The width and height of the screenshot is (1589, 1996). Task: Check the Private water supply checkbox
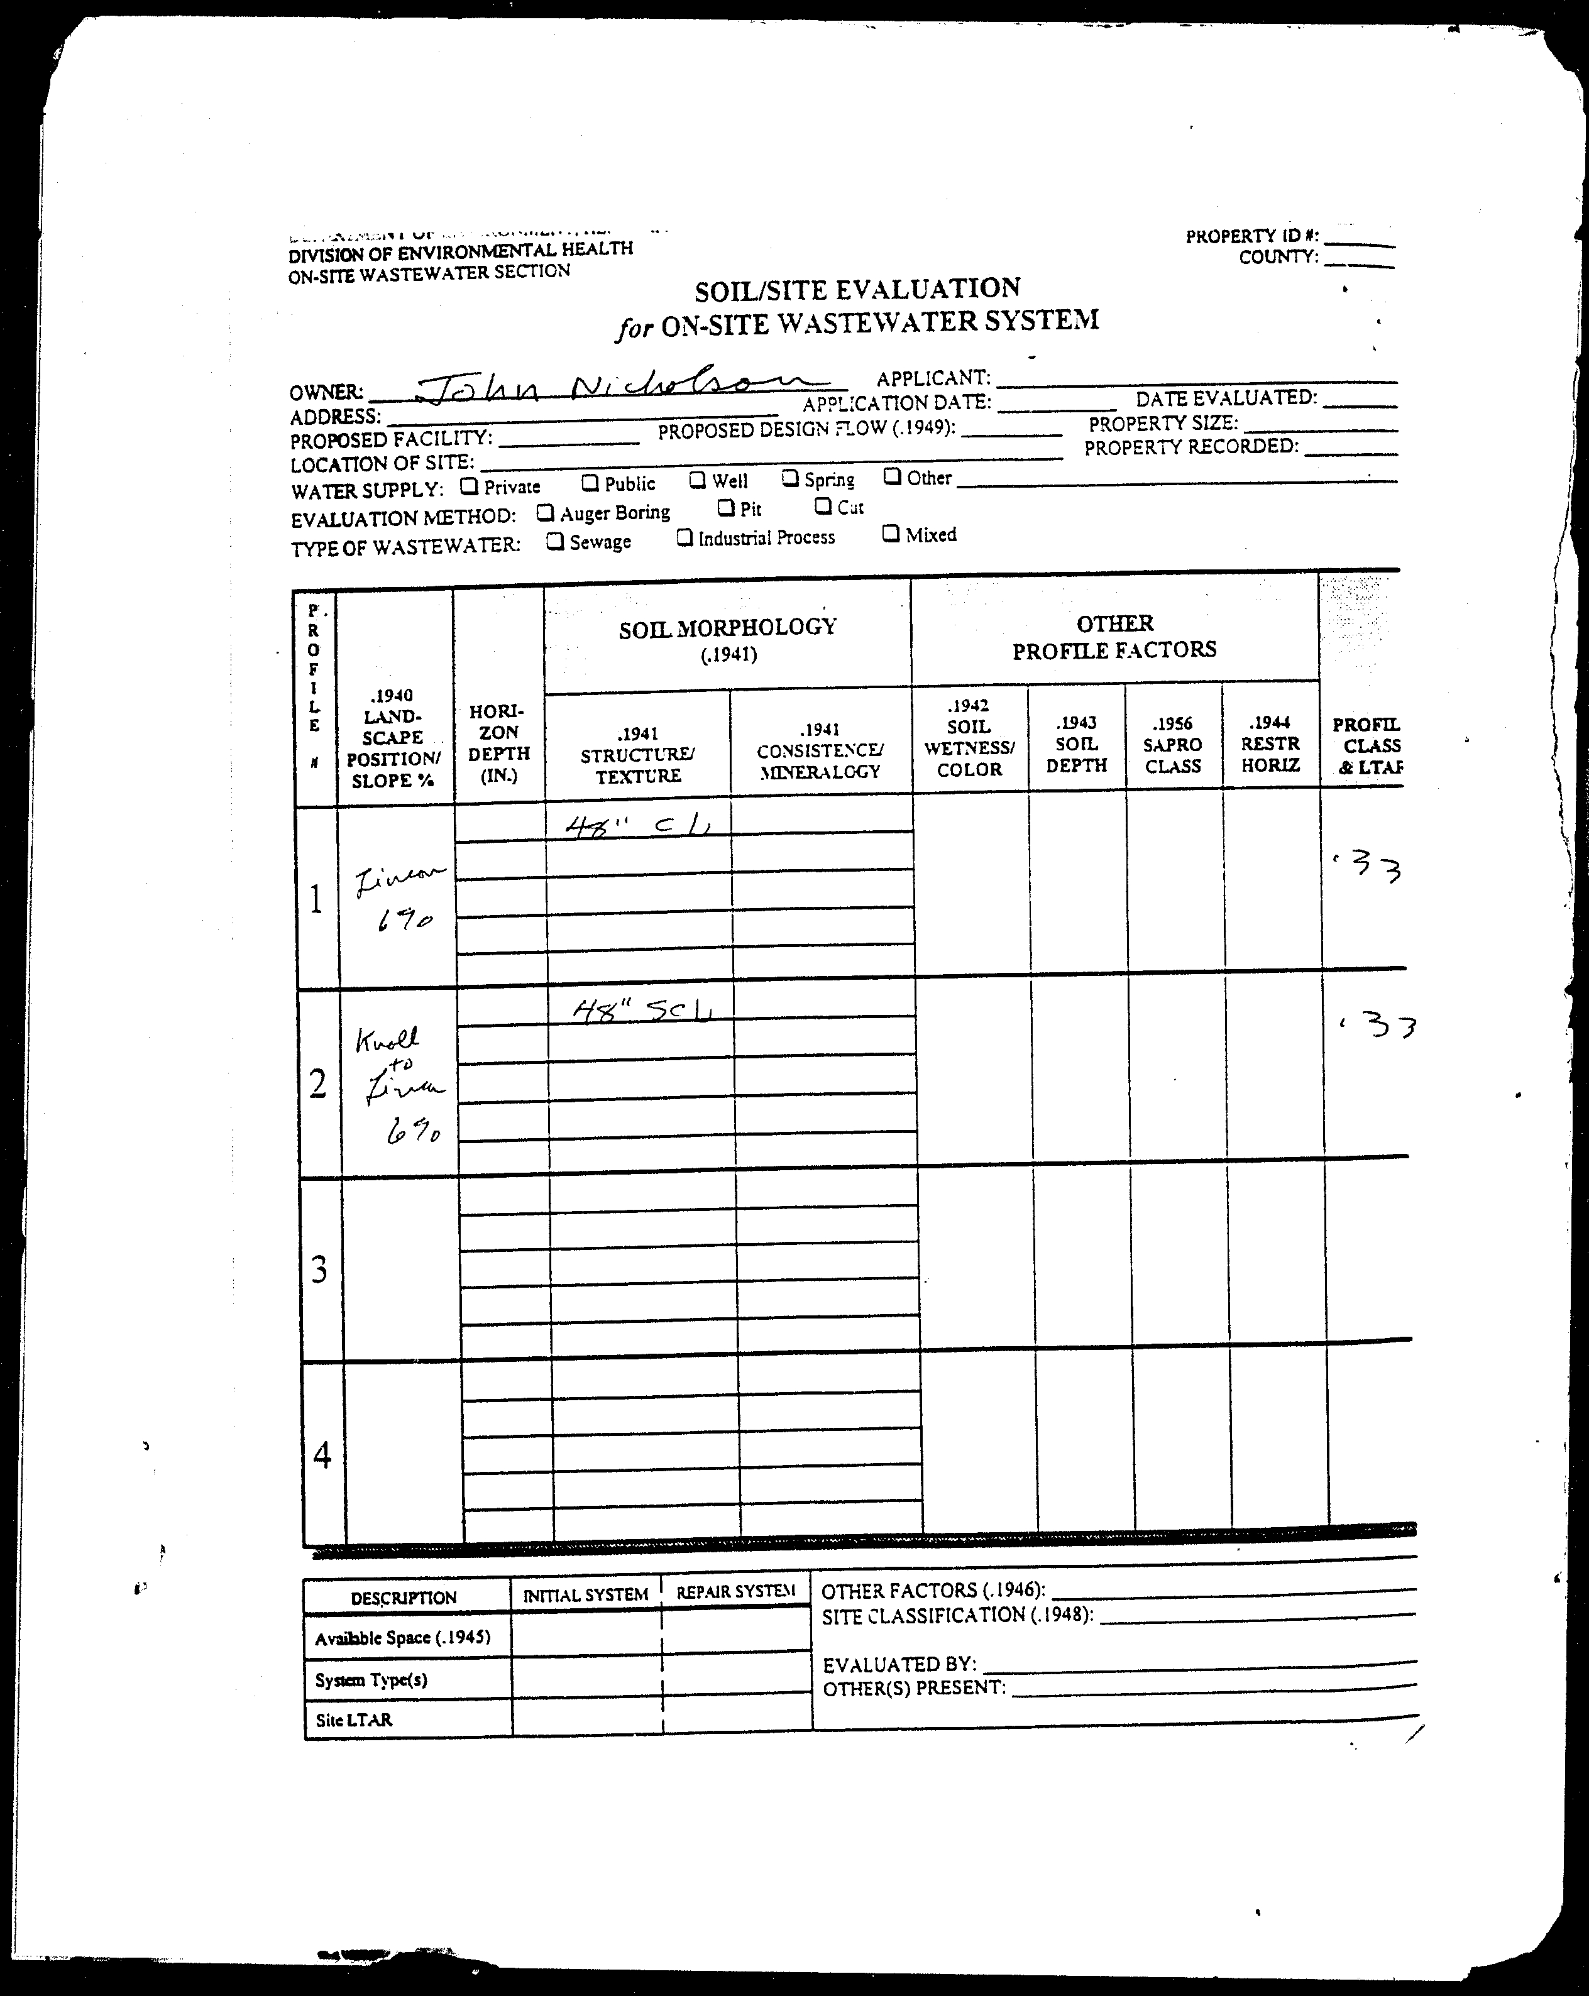coord(470,484)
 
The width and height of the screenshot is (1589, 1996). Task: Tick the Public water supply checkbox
coord(590,482)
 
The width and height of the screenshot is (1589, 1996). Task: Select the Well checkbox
coord(697,480)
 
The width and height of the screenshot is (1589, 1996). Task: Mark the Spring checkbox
coord(790,478)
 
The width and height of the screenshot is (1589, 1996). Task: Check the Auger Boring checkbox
coord(546,512)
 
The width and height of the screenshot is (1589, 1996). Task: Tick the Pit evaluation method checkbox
coord(726,507)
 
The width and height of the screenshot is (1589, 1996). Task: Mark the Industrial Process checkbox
coord(685,537)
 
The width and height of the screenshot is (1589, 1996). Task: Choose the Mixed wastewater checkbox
coord(891,534)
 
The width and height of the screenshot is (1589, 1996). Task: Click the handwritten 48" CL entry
coord(639,824)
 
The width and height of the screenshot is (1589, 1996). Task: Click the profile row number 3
coord(319,1268)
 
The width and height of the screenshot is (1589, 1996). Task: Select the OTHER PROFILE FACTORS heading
coord(1114,636)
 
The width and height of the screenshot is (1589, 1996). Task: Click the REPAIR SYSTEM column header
coord(735,1591)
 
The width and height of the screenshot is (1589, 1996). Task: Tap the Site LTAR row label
coord(354,1719)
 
